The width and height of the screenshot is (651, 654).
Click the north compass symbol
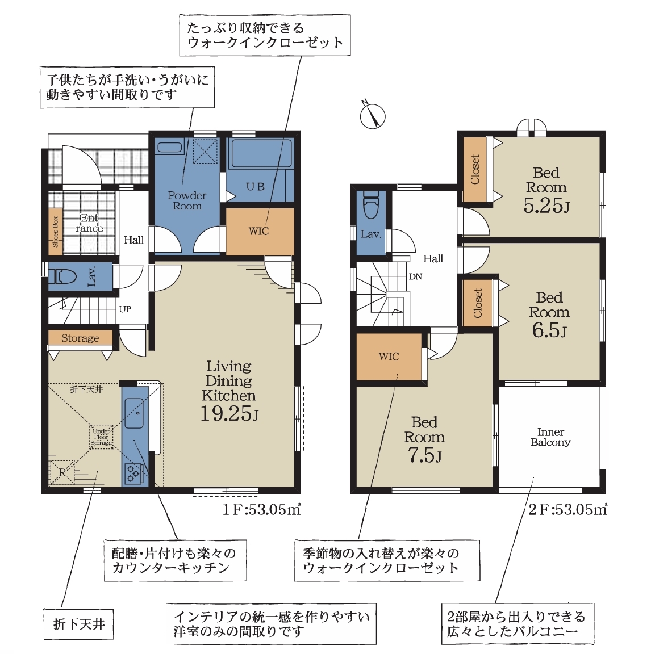pyautogui.click(x=373, y=115)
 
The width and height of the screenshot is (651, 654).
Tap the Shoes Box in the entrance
pyautogui.click(x=56, y=232)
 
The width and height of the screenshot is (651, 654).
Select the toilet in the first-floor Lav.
pyautogui.click(x=62, y=276)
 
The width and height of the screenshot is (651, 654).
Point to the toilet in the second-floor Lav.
pyautogui.click(x=371, y=205)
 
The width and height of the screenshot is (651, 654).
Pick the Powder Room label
pyautogui.click(x=187, y=200)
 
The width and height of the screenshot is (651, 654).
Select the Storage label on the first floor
pyautogui.click(x=80, y=338)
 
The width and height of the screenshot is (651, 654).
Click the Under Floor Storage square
pyautogui.click(x=102, y=437)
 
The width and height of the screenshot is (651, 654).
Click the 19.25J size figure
pyautogui.click(x=229, y=413)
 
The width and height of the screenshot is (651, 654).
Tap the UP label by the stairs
pyautogui.click(x=125, y=309)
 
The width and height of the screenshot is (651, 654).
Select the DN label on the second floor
pyautogui.click(x=415, y=276)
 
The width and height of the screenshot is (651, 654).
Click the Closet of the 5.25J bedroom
pyautogui.click(x=475, y=170)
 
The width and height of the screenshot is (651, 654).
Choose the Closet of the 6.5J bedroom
pyautogui.click(x=478, y=303)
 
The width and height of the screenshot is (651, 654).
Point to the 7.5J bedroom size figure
pyautogui.click(x=424, y=455)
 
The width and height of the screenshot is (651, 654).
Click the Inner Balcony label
pyautogui.click(x=550, y=437)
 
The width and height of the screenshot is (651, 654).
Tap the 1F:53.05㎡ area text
pyautogui.click(x=262, y=509)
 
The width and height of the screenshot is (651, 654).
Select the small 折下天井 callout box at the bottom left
pyautogui.click(x=78, y=624)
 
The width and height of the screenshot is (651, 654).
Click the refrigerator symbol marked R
pyautogui.click(x=62, y=472)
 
